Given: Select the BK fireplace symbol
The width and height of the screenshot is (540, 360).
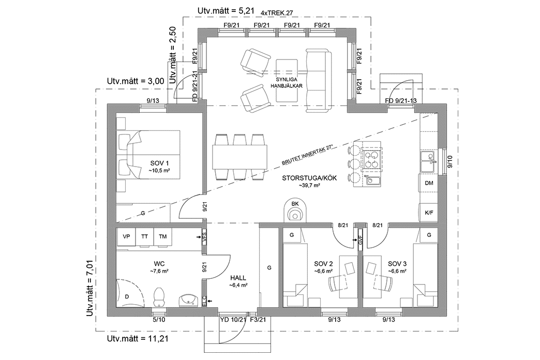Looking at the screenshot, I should (x=295, y=210).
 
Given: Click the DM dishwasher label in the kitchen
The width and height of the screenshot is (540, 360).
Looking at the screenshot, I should (x=429, y=183).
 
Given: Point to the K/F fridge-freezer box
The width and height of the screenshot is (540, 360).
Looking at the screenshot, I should (x=429, y=213).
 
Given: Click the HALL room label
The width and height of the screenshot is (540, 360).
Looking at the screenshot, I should (x=238, y=278).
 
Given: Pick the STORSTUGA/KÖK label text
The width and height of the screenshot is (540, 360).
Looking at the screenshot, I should (x=309, y=177).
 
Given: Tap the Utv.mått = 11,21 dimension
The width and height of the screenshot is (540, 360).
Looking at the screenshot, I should (x=137, y=339).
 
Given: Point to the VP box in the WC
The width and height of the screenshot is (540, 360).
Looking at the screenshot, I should (x=126, y=236).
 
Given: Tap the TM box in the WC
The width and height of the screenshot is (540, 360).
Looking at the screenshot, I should (x=163, y=236).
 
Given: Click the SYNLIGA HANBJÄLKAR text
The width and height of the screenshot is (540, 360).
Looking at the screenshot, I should (x=289, y=83).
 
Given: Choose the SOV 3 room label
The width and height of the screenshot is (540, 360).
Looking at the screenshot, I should (x=397, y=262).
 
